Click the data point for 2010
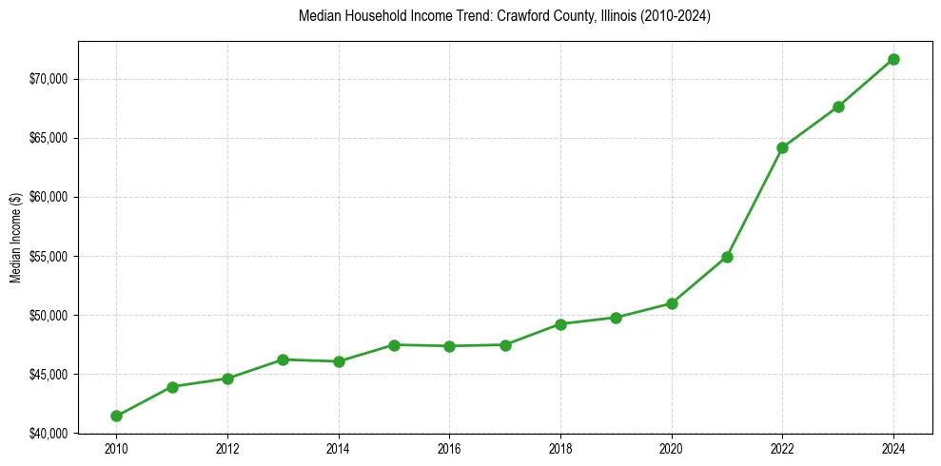click(116, 416)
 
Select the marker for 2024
click(893, 59)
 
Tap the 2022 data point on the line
click(782, 147)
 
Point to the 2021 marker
click(727, 257)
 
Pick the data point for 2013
click(283, 359)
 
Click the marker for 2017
click(505, 345)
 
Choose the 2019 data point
click(616, 318)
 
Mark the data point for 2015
click(394, 345)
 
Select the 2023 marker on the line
click(838, 107)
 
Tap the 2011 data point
click(172, 387)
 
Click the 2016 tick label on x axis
click(449, 448)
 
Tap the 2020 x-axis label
click(672, 448)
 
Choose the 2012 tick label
click(227, 448)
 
